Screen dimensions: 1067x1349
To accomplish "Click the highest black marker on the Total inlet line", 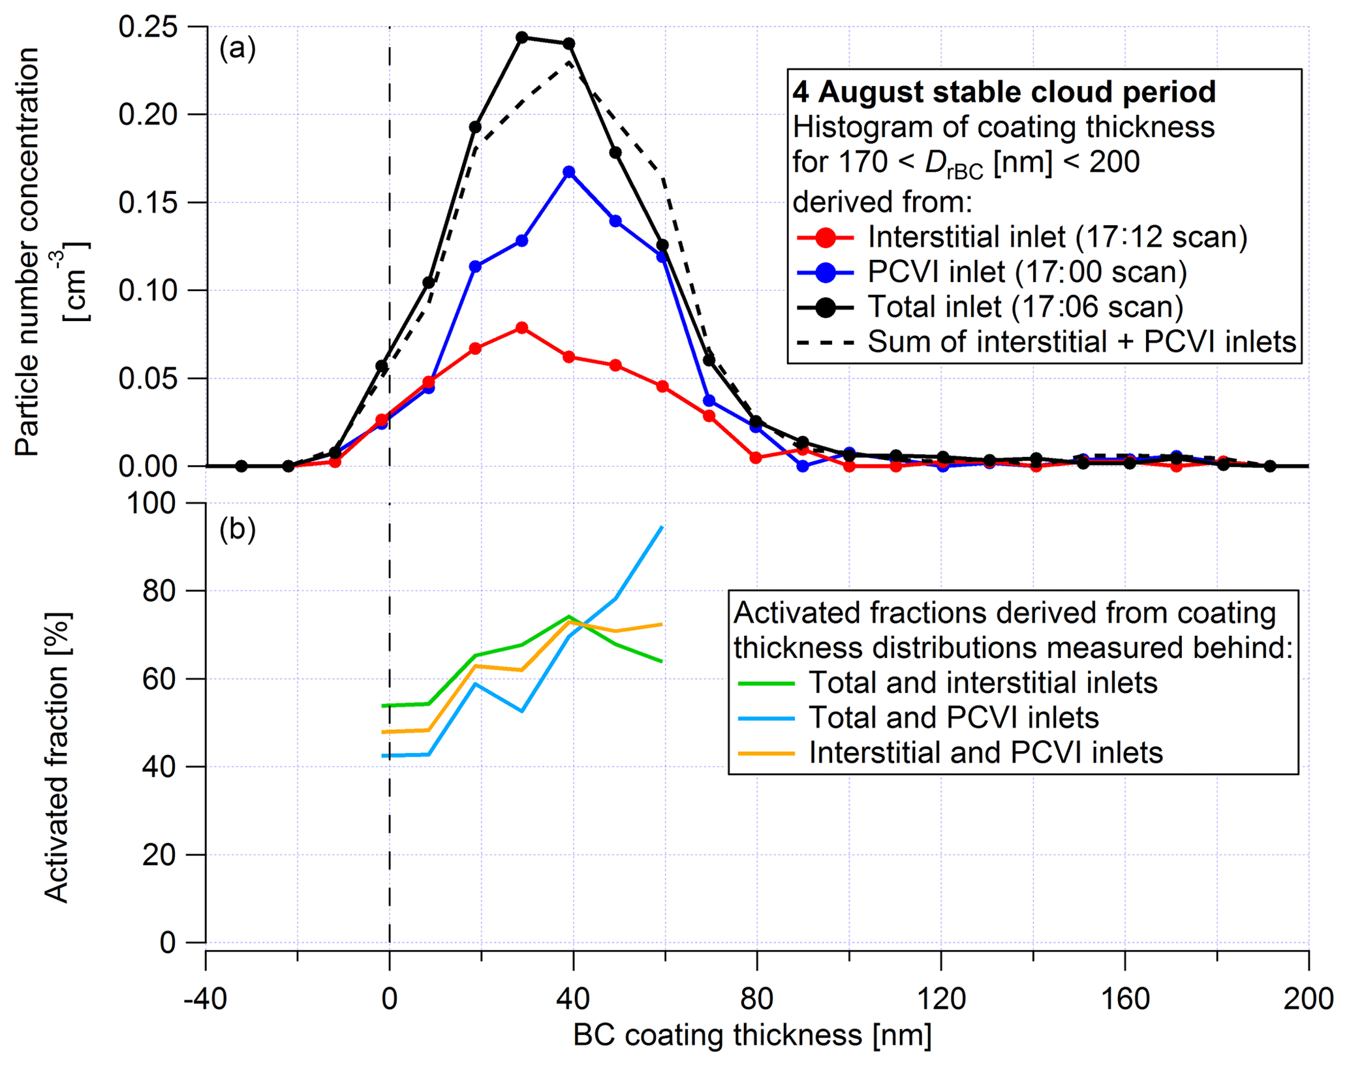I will [x=521, y=37].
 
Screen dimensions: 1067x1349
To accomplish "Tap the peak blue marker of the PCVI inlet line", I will [x=569, y=172].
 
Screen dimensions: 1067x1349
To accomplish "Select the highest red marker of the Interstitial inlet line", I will [x=521, y=328].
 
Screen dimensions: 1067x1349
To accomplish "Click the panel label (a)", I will [x=238, y=49].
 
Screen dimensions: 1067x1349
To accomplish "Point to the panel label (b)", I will [x=238, y=529].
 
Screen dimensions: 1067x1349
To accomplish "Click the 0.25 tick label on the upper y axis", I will [x=148, y=27].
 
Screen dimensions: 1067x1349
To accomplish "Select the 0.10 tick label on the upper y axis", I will [x=148, y=290].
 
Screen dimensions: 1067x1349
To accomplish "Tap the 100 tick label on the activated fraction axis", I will [x=154, y=504].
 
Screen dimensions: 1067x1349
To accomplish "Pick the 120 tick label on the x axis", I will [x=941, y=999].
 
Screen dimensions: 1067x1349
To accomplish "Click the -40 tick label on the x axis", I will [x=205, y=999].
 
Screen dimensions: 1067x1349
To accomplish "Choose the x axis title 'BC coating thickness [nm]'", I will [x=752, y=1036].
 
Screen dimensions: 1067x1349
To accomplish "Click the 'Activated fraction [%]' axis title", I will [x=57, y=757].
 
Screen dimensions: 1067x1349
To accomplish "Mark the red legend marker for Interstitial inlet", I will [x=826, y=238].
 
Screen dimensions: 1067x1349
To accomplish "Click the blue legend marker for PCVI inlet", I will [x=826, y=272].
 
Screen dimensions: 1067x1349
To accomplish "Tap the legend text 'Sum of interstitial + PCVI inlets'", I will [x=1081, y=342].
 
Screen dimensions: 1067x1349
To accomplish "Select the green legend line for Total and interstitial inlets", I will [x=766, y=683].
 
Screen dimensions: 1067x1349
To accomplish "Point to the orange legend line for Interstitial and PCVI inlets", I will [x=766, y=753].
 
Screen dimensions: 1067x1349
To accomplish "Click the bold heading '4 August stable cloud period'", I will [x=1004, y=92].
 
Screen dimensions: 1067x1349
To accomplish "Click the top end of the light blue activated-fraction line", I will [x=662, y=527].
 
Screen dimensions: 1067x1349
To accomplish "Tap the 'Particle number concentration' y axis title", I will [x=27, y=251].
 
